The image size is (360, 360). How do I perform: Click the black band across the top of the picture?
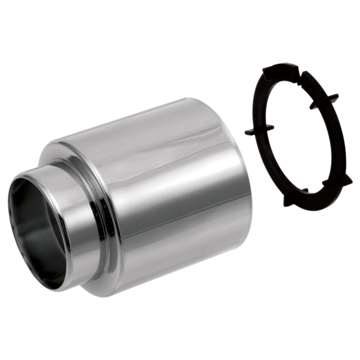(x=180, y=30)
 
